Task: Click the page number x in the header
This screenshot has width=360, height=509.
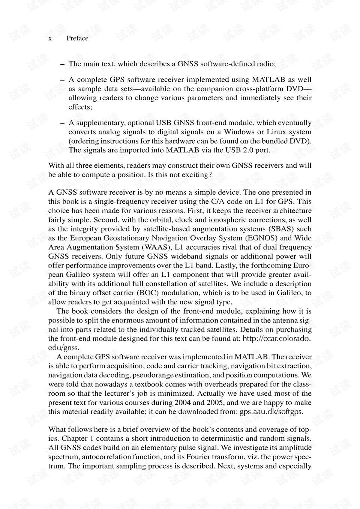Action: point(50,39)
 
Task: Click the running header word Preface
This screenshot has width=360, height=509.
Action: point(77,38)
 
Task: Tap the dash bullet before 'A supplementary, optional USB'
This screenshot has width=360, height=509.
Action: point(62,123)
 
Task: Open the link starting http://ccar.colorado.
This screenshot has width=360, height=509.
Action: point(277,339)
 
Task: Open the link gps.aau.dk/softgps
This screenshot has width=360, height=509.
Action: point(271,412)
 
